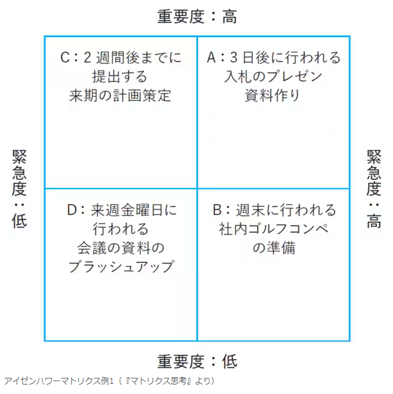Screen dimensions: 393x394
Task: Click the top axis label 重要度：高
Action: [x=197, y=17]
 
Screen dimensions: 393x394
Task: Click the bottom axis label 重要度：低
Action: [x=197, y=361]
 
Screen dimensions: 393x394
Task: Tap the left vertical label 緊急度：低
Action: [x=20, y=189]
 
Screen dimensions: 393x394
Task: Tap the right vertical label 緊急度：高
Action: [x=374, y=189]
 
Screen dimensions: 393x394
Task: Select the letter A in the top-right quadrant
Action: [x=211, y=57]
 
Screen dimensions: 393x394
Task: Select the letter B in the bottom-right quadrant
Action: [x=217, y=210]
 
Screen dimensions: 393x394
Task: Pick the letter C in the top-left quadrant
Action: [x=65, y=57]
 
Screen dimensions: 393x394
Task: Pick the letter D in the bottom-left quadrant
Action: [x=71, y=210]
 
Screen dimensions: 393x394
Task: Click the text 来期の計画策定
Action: [x=120, y=96]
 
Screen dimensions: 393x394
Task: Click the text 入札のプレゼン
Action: [x=273, y=76]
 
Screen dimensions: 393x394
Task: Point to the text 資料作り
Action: [x=273, y=96]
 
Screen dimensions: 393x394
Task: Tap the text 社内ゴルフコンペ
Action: [x=273, y=229]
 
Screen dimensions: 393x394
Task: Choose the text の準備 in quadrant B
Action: [x=274, y=248]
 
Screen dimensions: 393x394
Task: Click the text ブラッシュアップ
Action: [x=121, y=267]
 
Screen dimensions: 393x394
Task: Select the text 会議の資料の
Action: [x=120, y=248]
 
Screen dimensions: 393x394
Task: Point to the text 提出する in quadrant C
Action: [x=120, y=76]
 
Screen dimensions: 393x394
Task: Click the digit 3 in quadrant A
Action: [x=234, y=57]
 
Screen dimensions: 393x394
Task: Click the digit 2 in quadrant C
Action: [x=87, y=57]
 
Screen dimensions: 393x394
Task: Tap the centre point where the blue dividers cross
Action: [x=197, y=188]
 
